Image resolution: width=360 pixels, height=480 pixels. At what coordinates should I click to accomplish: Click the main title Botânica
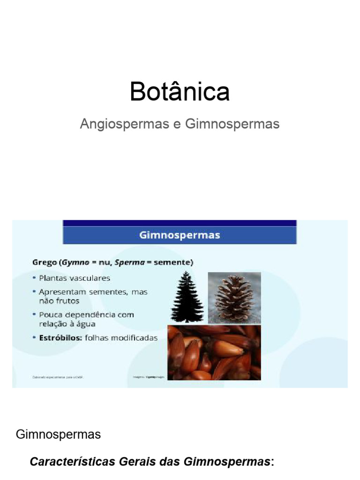(x=180, y=91)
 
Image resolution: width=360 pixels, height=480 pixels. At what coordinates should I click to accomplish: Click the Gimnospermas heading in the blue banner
(x=180, y=234)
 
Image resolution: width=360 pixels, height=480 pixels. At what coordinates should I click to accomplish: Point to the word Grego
(x=44, y=262)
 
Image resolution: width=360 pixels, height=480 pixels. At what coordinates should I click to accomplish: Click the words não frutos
(x=60, y=301)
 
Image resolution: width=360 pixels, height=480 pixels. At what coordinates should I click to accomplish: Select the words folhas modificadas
(x=121, y=338)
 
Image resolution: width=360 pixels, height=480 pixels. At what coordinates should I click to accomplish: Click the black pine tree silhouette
(x=187, y=296)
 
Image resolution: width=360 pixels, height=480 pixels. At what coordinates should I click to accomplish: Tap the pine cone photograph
(x=234, y=298)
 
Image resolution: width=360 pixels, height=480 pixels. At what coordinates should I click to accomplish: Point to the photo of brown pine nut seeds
(x=214, y=352)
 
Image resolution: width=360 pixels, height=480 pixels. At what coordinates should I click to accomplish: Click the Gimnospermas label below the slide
(x=58, y=435)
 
